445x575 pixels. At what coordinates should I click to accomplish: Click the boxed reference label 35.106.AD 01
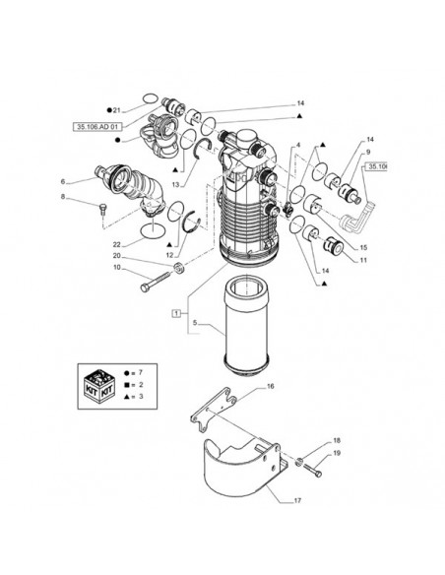(97, 127)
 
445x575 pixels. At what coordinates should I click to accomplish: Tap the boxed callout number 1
(176, 313)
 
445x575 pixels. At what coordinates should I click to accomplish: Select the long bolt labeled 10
(156, 282)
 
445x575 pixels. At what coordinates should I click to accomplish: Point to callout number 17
(297, 500)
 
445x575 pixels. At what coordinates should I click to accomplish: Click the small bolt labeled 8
(102, 210)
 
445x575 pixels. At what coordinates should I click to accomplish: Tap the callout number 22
(116, 244)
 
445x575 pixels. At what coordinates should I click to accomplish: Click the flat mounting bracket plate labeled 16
(214, 409)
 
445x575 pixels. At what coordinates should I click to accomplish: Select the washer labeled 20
(179, 268)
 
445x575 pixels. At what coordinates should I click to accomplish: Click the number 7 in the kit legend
(141, 373)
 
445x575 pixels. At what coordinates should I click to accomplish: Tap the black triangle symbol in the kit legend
(126, 397)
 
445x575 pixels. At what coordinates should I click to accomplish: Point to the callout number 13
(176, 185)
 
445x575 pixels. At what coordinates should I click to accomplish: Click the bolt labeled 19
(312, 470)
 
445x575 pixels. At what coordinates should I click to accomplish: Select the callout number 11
(363, 260)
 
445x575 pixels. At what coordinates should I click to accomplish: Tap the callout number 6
(63, 181)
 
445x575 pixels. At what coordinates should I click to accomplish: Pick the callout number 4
(298, 145)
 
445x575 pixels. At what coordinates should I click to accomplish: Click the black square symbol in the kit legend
(126, 385)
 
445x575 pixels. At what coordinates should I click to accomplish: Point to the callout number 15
(363, 247)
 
